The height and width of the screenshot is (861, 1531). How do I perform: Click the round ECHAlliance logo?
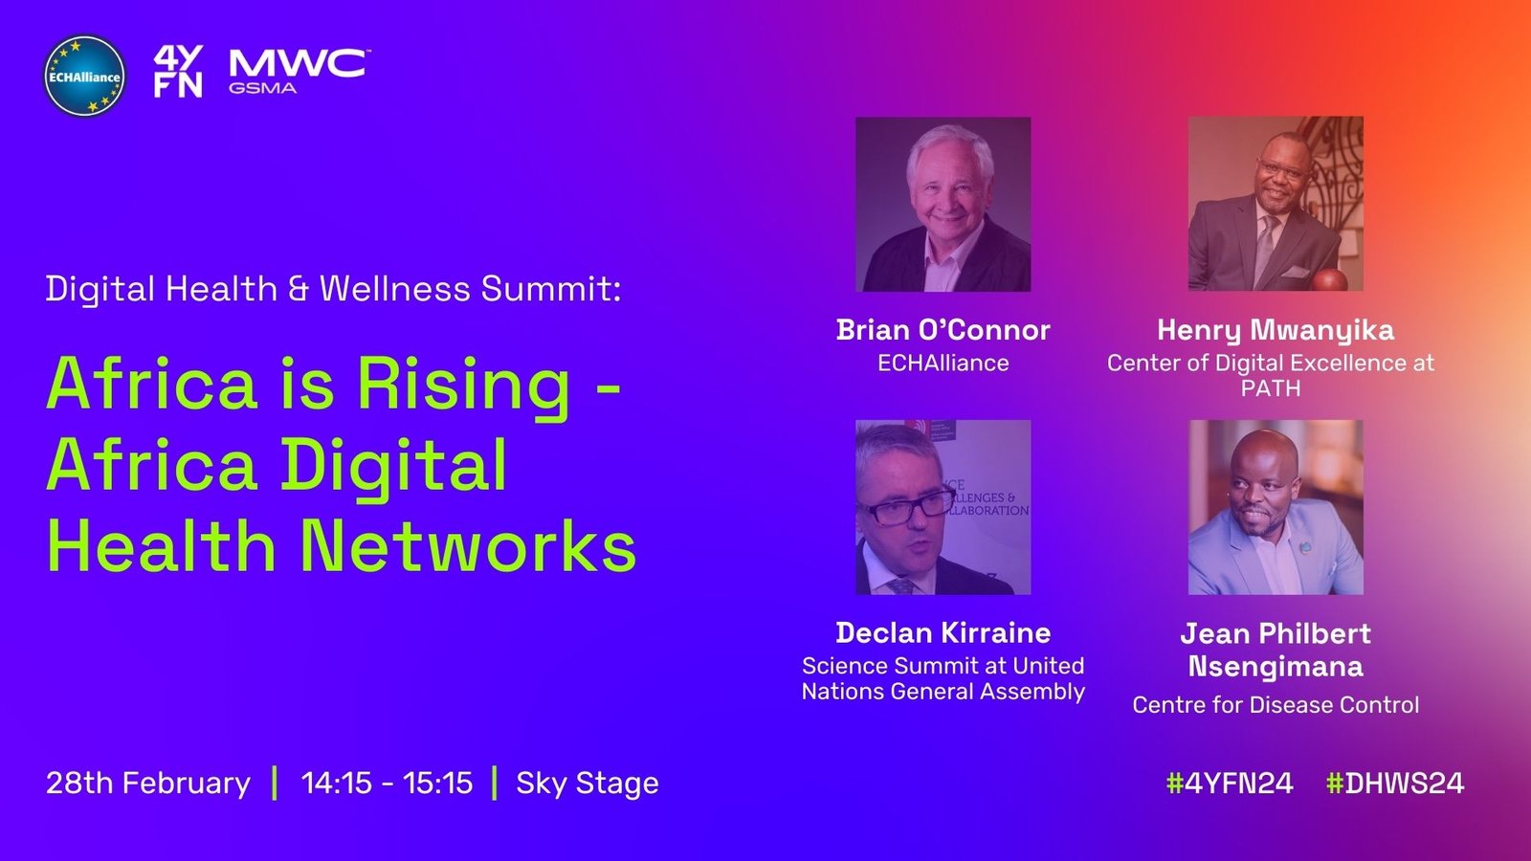click(x=84, y=76)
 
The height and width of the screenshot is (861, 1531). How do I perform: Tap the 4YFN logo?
click(x=178, y=72)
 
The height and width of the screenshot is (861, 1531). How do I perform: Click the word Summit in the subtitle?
click(x=551, y=288)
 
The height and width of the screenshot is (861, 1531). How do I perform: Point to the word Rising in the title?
click(x=464, y=386)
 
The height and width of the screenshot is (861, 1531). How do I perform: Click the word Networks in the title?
click(x=469, y=546)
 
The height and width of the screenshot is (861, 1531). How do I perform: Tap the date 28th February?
click(x=148, y=784)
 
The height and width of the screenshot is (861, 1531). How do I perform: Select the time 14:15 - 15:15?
click(x=387, y=784)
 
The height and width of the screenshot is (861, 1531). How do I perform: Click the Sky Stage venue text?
click(x=588, y=784)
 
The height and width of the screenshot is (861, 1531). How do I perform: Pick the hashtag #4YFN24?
click(x=1230, y=784)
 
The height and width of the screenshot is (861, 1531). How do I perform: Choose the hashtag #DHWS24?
click(x=1395, y=784)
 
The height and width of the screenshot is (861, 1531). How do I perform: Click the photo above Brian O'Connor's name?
click(x=943, y=205)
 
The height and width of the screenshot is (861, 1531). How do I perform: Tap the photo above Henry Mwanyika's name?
click(x=1276, y=204)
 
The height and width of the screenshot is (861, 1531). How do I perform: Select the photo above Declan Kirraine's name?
click(x=943, y=507)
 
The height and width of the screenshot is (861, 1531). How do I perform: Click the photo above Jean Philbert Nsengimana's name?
click(x=1276, y=507)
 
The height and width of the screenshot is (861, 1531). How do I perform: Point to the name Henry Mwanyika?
click(x=1276, y=331)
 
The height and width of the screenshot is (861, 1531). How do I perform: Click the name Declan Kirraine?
click(x=943, y=632)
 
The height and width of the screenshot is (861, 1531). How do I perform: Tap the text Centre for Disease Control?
click(x=1276, y=704)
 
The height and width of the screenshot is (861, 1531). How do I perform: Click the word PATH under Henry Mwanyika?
click(x=1271, y=388)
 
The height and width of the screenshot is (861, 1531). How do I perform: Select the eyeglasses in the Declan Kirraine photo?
click(x=907, y=507)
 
